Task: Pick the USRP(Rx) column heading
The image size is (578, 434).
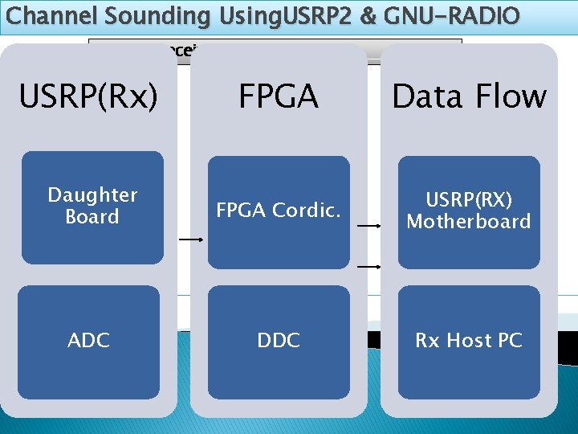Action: click(88, 96)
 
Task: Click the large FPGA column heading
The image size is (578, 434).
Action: click(279, 96)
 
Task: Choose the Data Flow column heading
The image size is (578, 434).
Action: click(469, 96)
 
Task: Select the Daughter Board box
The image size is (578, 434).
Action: click(92, 207)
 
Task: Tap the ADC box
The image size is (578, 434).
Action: click(88, 341)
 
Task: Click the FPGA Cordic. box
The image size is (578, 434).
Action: click(279, 211)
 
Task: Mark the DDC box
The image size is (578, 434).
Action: click(279, 341)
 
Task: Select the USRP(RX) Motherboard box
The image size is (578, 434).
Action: click(469, 211)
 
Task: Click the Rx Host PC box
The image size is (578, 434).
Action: click(469, 341)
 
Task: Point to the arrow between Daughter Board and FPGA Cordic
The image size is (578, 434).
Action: click(190, 240)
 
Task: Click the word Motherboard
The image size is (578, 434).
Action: click(469, 222)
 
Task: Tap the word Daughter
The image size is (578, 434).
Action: click(92, 195)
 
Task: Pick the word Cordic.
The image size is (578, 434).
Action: click(310, 211)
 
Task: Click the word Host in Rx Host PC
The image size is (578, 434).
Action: click(467, 341)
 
